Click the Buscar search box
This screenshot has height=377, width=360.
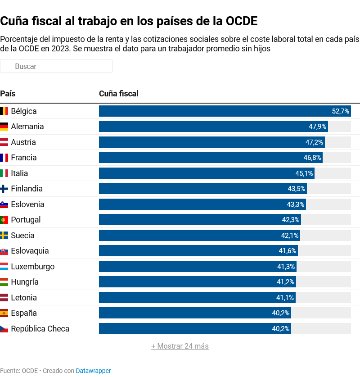[x=56, y=66]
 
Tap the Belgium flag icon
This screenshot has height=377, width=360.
[x=4, y=111]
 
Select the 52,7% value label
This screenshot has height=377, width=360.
[x=340, y=111]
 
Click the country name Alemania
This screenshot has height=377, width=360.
[x=27, y=127]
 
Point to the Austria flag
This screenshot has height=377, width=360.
[x=4, y=142]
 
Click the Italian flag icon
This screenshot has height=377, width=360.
[x=4, y=173]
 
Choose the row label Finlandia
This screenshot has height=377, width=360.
[x=27, y=189]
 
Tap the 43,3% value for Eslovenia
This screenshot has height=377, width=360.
[x=296, y=204]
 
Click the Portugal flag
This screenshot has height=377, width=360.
[x=4, y=220]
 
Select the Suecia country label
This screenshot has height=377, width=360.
[x=22, y=236]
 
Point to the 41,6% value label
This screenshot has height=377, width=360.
[x=288, y=251]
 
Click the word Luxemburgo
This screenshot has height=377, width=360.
[x=33, y=267]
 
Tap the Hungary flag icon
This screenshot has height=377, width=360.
[x=4, y=282]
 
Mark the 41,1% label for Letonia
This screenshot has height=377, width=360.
[x=285, y=298]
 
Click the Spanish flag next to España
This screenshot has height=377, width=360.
[x=4, y=313]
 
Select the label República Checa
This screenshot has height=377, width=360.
[x=40, y=329]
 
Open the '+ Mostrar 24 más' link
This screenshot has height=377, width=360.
[x=180, y=346]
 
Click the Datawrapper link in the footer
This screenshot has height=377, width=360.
[x=93, y=371]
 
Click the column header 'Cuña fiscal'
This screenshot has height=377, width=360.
[x=119, y=94]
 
